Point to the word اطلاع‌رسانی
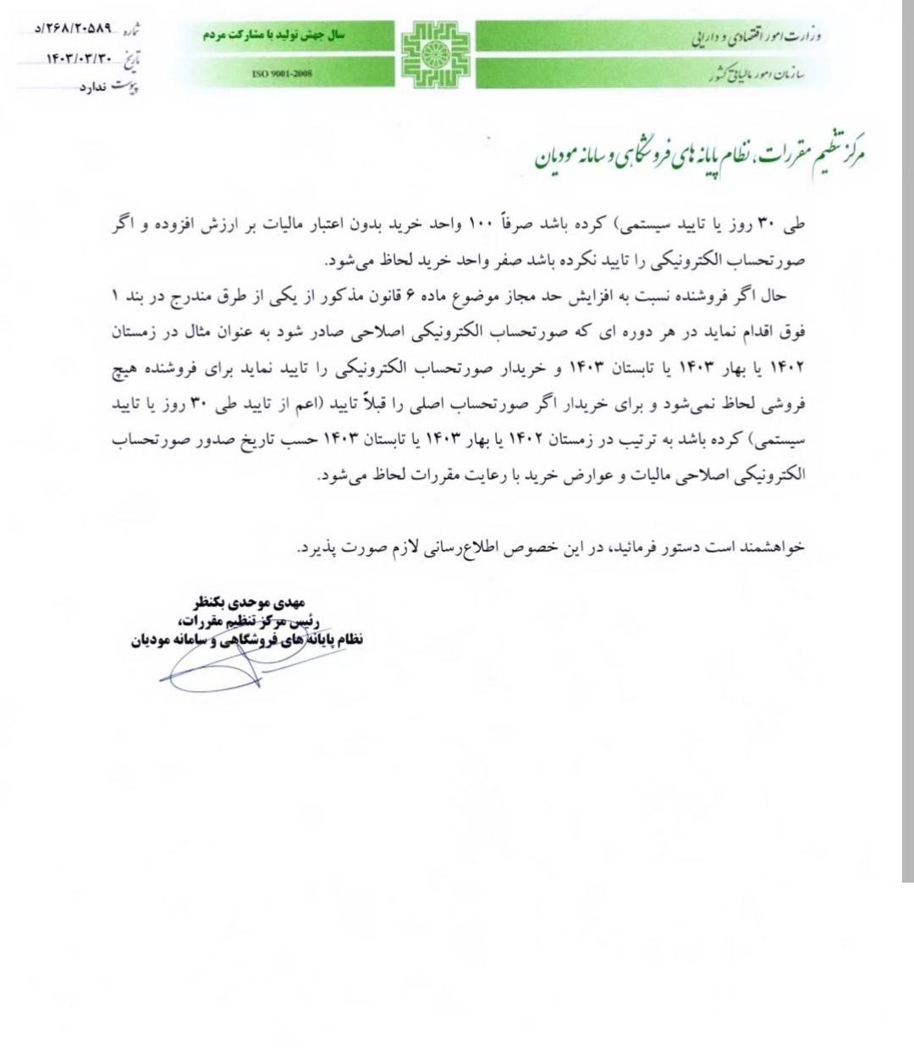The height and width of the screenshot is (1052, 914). coord(456,546)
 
